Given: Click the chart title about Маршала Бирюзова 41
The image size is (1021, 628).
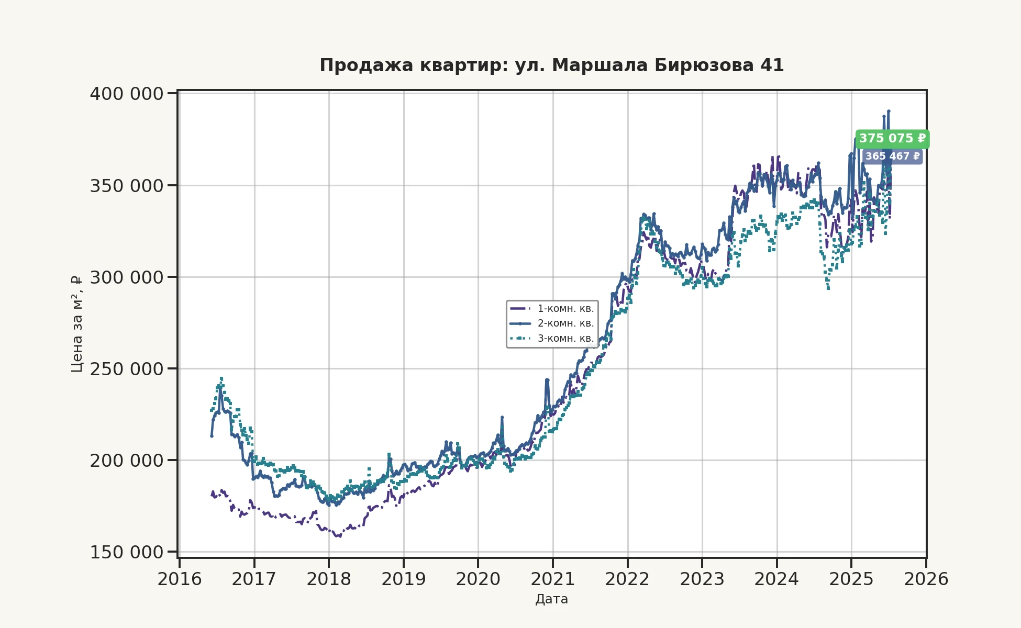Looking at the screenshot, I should pos(551,65).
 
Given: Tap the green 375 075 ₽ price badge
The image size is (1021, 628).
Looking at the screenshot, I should pos(892,139).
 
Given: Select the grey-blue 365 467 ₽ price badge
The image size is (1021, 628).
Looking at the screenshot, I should pos(892,156).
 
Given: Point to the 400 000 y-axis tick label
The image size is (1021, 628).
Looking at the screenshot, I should pos(126,94).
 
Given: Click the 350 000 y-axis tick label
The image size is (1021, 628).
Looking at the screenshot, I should pos(126,186).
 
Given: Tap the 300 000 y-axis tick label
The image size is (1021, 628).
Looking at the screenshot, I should pos(126,277).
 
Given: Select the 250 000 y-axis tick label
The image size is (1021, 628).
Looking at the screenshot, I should pos(126,369).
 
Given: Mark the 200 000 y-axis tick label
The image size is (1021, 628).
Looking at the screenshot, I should pos(126,461).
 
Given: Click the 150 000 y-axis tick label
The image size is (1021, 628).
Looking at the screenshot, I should pos(126,552).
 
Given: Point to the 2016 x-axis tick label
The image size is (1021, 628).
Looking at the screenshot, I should pos(180,579).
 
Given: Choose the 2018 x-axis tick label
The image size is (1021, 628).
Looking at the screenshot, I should pos(329,579).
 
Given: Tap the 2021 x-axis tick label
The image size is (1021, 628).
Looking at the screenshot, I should pos(553,579).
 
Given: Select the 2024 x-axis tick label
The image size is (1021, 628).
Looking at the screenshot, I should pos(776,579).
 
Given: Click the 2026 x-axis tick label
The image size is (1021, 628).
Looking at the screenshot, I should pos(926,579).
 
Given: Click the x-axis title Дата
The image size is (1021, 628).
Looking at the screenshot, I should pos(551,599).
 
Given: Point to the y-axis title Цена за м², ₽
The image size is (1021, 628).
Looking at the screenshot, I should pos(77,324).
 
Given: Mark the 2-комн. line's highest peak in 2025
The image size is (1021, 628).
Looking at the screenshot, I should pos(889,111).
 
